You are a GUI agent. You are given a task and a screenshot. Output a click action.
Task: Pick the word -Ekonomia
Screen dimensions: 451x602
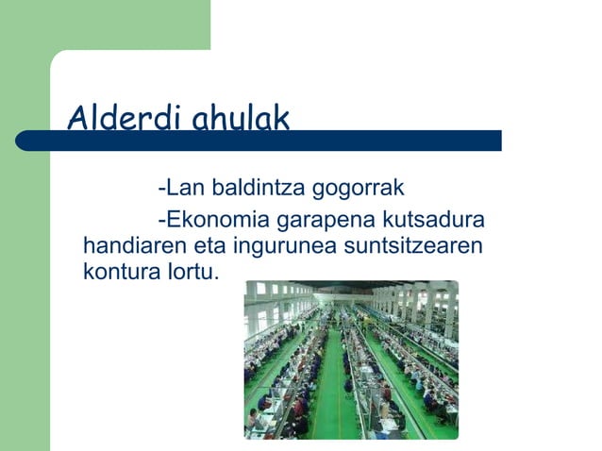(213, 222)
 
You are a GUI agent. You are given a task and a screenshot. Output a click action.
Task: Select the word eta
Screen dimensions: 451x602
(208, 248)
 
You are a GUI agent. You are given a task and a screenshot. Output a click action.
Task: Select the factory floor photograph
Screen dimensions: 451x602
(351, 359)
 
